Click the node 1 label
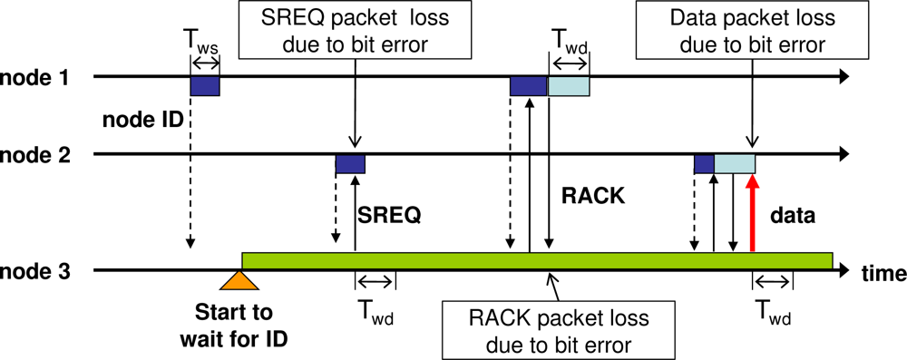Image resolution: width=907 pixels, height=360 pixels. point(34,79)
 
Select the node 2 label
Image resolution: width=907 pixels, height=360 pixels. point(34,154)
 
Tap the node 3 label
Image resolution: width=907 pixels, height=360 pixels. point(34,270)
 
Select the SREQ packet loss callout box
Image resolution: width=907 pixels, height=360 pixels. point(354,33)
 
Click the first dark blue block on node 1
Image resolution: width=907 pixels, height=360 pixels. point(204,85)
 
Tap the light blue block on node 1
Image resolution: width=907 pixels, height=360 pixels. point(568,85)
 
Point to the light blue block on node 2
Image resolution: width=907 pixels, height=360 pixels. point(735,163)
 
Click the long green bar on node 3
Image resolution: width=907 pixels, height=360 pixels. point(537,260)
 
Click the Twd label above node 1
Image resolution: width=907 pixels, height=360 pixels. point(570,41)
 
